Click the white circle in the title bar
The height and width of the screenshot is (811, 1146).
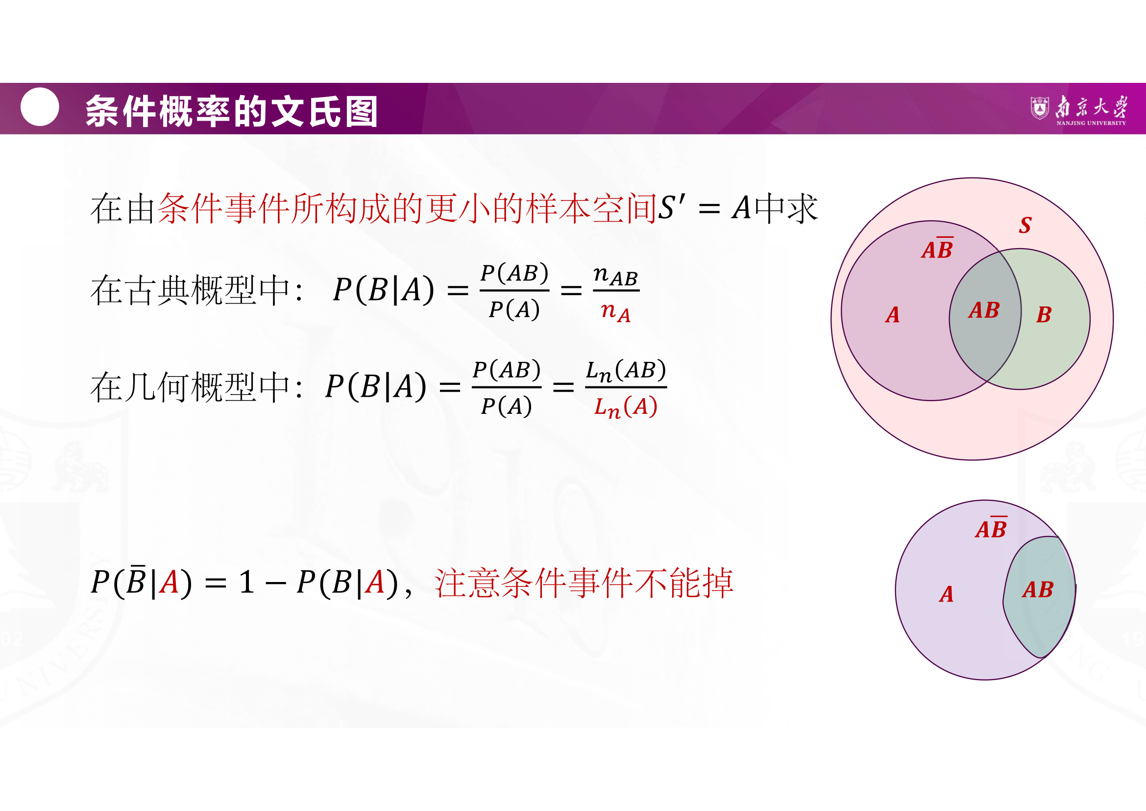click(x=40, y=107)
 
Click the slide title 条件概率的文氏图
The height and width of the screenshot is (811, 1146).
click(x=232, y=111)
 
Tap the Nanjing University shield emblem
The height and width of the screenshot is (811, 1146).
click(x=1039, y=108)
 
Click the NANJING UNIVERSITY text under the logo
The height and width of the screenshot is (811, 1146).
click(x=1091, y=123)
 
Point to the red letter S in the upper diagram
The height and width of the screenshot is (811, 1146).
click(x=1025, y=225)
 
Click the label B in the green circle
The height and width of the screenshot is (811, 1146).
click(x=1044, y=315)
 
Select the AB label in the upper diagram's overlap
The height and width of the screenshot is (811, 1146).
click(x=984, y=310)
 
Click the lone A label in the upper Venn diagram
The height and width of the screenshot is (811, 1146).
click(x=892, y=315)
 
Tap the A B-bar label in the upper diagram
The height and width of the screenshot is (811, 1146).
click(x=937, y=248)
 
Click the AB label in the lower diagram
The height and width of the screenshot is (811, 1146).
click(x=1038, y=590)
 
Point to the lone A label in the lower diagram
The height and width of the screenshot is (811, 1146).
click(x=947, y=594)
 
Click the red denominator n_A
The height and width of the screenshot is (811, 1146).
click(x=616, y=312)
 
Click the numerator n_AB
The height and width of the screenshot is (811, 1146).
click(x=616, y=276)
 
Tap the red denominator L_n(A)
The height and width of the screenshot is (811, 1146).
click(x=626, y=407)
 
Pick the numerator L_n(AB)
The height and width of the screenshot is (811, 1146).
click(x=626, y=371)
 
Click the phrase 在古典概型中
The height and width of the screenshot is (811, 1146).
click(x=190, y=290)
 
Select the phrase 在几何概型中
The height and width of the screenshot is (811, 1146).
click(x=190, y=386)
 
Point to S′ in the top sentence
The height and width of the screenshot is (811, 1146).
click(x=672, y=207)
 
